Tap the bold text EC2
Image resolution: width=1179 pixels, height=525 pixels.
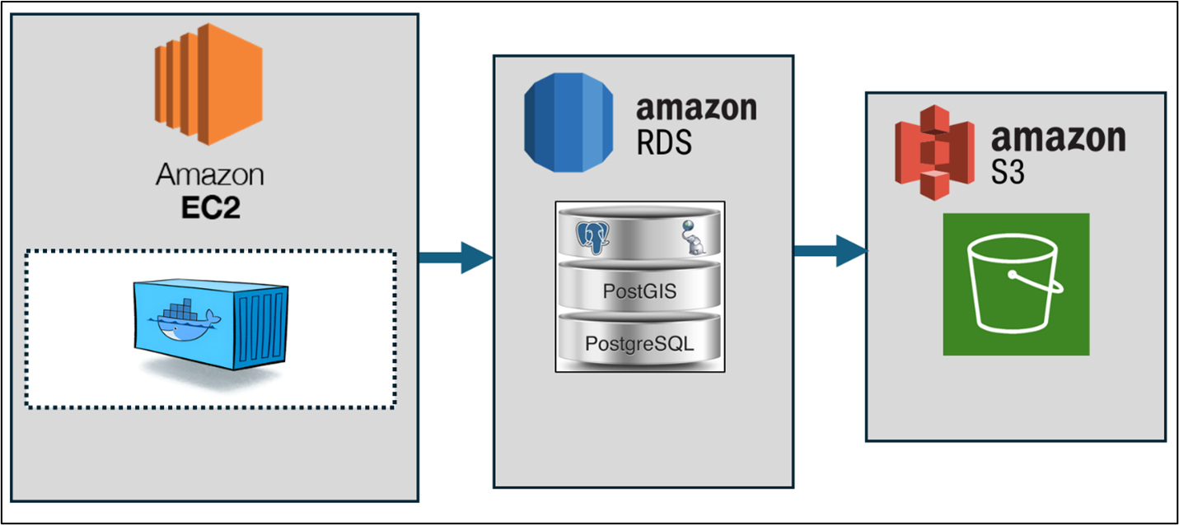[x=210, y=207]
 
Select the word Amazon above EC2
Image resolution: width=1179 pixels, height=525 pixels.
[x=210, y=175]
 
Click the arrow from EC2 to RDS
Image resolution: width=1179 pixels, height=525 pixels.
[x=456, y=258]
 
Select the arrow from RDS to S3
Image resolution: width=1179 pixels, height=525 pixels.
[x=830, y=250]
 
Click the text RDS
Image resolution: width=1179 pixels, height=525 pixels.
[x=664, y=142]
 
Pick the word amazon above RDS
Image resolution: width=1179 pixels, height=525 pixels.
[x=695, y=108]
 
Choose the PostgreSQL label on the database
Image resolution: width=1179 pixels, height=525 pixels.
[x=639, y=343]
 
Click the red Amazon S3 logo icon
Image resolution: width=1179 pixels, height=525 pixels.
[x=934, y=154]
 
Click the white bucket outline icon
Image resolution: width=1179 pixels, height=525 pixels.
[x=1016, y=285]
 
